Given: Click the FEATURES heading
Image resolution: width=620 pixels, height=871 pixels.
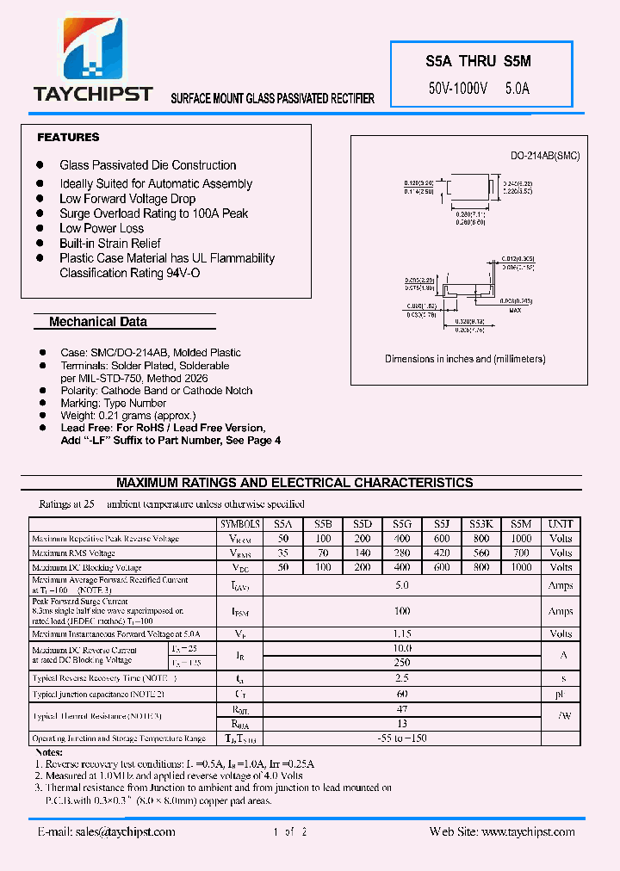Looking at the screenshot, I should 68,138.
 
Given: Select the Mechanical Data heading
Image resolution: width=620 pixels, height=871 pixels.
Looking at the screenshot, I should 98,322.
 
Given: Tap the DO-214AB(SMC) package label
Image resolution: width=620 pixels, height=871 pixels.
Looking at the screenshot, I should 545,156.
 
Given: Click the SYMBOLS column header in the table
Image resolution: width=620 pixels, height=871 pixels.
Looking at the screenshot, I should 240,523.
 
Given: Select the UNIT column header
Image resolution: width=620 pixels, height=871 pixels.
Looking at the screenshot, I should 561,523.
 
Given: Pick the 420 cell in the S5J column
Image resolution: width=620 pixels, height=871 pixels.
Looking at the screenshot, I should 442,553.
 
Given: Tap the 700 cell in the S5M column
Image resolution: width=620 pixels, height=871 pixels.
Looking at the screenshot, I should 521,553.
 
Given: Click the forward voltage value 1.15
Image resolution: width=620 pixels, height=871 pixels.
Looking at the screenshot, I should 401,633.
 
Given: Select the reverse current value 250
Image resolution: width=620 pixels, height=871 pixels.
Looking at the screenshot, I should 401,663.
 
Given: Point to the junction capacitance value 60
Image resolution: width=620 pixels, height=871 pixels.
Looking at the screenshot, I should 401,693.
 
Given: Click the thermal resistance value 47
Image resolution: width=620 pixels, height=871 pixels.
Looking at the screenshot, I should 401,709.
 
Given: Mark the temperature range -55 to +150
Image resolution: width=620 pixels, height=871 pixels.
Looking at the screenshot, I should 401,738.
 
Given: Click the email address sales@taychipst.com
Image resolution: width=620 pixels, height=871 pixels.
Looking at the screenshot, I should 107,831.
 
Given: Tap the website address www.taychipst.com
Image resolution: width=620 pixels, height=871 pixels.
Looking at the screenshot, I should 502,831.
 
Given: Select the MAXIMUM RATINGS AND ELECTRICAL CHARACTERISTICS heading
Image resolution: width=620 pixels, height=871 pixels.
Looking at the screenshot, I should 294,483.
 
